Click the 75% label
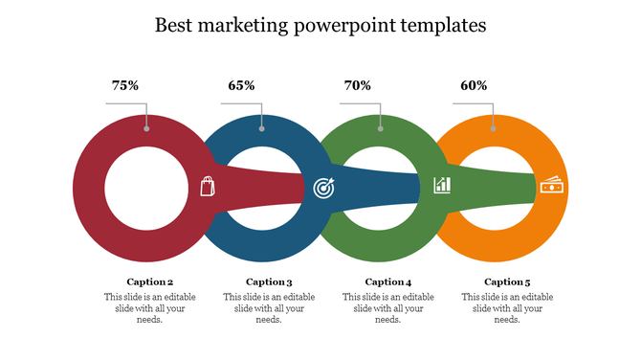point(125,86)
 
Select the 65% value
point(241,86)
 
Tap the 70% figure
point(357,86)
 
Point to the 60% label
point(474,86)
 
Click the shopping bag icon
point(208,186)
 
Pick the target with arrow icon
point(323,188)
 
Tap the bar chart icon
point(442,185)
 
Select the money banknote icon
point(552,186)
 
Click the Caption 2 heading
point(150,281)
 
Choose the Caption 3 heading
point(269,281)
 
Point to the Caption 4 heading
point(388,281)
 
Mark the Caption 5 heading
point(507,281)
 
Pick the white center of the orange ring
point(496,186)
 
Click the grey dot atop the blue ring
point(262,128)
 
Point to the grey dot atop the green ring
point(380,128)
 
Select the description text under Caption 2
point(150,308)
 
